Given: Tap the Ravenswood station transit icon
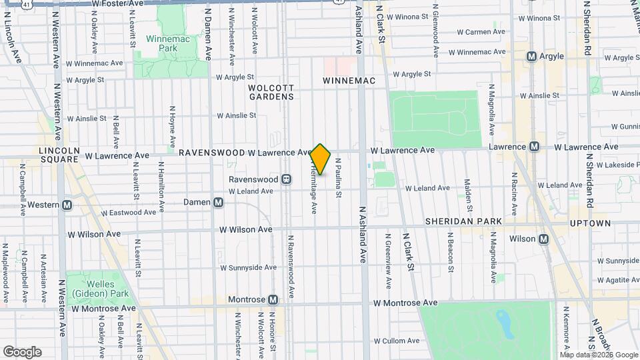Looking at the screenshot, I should coord(286,179).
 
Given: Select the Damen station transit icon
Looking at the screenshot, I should coord(218,202).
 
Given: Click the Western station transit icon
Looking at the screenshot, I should coord(67,205).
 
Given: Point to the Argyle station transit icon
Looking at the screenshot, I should coord(531,57).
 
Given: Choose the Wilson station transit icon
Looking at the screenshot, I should coord(544,239).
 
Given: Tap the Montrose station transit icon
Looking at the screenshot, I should coord(273,300).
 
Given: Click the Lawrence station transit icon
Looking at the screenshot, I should coord(534,147).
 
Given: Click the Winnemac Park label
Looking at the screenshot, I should coord(162,43).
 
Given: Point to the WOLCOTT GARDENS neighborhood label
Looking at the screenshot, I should coord(271,92).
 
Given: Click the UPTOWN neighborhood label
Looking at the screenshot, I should coord(590,223).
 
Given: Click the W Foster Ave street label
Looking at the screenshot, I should coord(118,4).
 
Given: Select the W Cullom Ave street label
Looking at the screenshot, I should coord(397,341).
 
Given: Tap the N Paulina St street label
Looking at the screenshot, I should coord(339,178).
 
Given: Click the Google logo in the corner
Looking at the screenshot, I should coord(22,351).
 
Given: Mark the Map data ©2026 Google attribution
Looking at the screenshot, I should coord(599,355).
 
